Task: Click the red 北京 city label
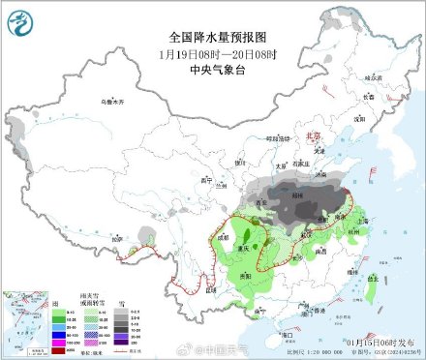point(313,137)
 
